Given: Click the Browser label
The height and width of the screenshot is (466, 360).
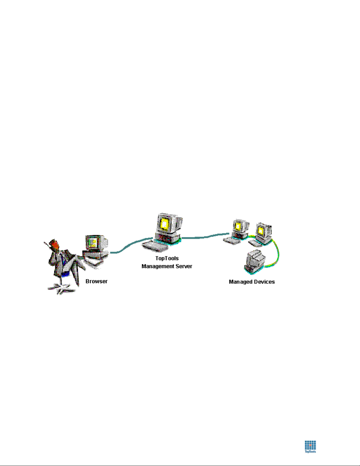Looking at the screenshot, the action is coord(96,281).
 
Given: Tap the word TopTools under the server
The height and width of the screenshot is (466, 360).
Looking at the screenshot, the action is coord(167,258).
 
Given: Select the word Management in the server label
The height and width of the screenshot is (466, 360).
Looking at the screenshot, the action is coord(158,266).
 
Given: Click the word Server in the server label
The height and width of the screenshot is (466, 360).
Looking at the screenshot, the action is coord(184,266).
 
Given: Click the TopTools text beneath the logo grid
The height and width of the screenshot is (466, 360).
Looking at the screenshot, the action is coord(310,452).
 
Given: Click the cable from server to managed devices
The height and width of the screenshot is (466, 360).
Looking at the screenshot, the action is coord(205,237).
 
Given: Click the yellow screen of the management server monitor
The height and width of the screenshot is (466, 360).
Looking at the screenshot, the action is coord(164,224).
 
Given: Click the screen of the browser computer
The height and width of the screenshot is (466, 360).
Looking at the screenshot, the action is coord(93,243).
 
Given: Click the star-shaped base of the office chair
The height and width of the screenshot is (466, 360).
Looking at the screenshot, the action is coord(61,288).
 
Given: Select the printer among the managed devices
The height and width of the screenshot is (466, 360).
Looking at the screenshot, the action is coord(255,262).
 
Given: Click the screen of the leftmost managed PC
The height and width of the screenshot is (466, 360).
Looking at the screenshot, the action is coord(238,226).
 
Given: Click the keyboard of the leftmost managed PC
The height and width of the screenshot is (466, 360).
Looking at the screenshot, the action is coord(232,240).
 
